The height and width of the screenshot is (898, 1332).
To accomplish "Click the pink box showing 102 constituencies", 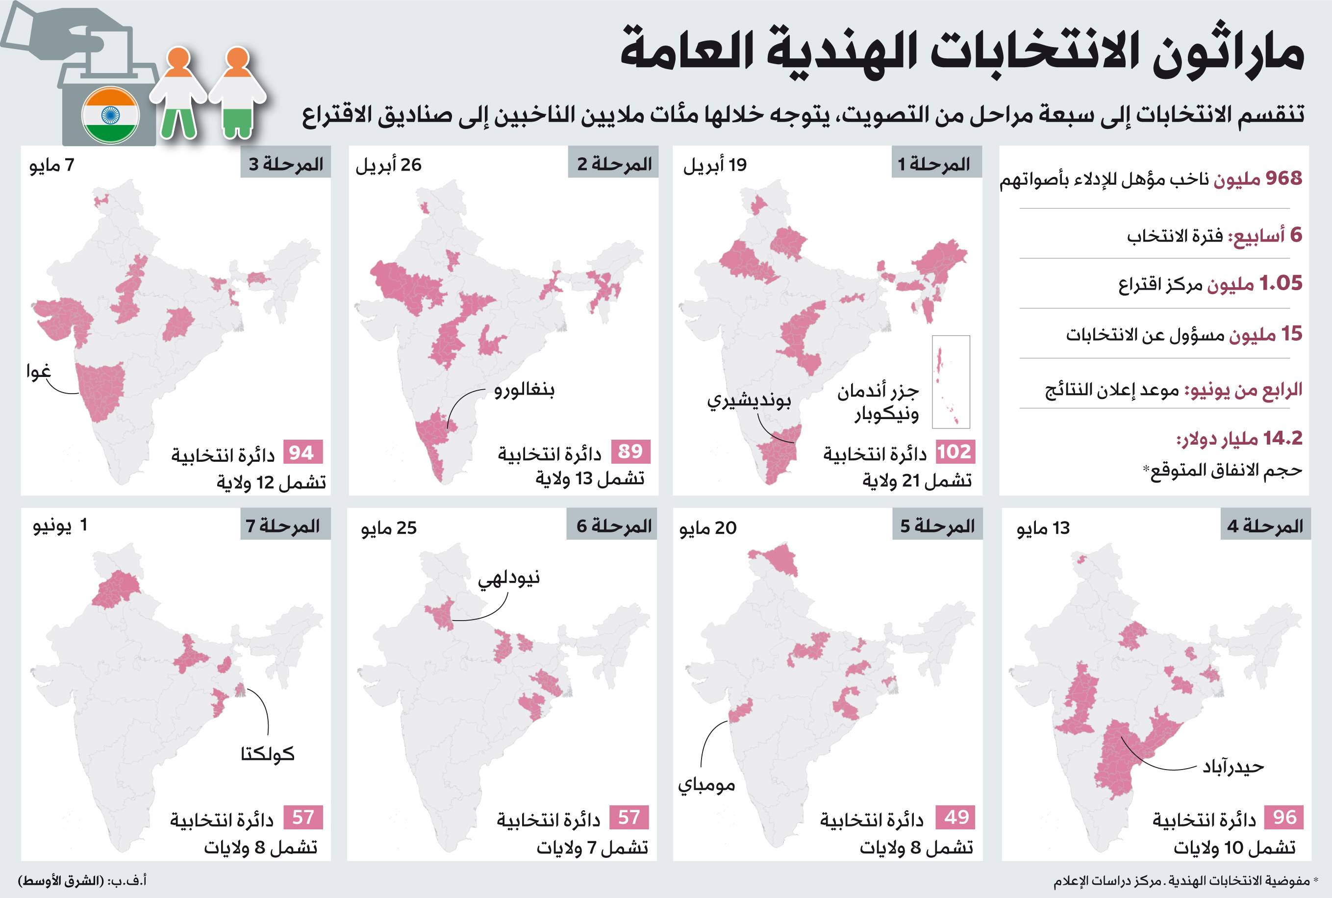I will (955, 452).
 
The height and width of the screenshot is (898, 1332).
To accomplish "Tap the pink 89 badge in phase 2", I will (630, 451).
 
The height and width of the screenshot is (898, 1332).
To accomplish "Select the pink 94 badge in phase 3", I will (302, 452).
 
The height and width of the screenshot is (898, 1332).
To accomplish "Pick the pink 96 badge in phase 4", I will (1284, 817).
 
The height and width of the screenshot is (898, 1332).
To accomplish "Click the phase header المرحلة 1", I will (936, 164).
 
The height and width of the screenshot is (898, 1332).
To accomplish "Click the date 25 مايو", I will (389, 528).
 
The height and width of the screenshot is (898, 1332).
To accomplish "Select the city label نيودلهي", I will (509, 578).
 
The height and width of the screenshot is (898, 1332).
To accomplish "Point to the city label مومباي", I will (706, 785).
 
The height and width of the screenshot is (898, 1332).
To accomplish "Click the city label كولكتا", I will (268, 754).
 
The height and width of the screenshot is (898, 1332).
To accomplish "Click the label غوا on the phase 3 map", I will (38, 372).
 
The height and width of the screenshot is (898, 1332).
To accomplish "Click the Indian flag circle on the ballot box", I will (110, 115).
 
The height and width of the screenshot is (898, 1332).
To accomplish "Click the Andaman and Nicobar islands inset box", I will (951, 381).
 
